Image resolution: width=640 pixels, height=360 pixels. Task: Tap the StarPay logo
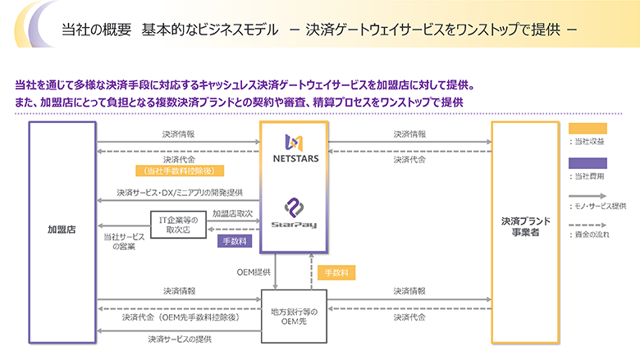click(295, 213)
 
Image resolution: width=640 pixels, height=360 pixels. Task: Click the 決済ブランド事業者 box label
click(525, 226)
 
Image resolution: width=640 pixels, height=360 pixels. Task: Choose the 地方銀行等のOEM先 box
click(294, 316)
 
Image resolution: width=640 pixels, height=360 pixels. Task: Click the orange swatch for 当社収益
click(587, 128)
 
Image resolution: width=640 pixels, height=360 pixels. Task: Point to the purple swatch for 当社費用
click(587, 163)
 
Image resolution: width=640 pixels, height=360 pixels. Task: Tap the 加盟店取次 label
click(231, 213)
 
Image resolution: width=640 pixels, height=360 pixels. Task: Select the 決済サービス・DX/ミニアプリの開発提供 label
click(180, 193)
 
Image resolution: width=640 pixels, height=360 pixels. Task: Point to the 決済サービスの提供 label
click(180, 339)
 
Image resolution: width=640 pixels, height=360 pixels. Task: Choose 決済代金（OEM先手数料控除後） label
click(180, 317)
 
